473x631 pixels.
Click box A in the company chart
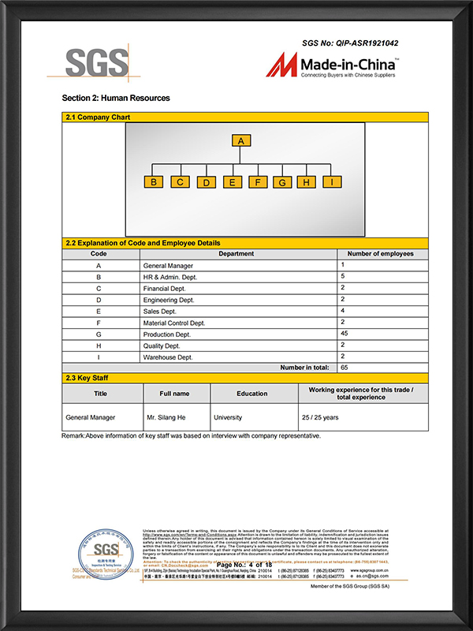(243, 141)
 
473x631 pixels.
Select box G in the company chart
(281, 182)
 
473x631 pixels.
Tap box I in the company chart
(333, 181)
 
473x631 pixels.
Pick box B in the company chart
(154, 181)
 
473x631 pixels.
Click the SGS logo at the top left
(96, 63)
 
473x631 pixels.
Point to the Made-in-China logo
(331, 65)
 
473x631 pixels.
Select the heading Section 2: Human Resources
(116, 98)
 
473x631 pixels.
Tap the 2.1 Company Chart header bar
(245, 118)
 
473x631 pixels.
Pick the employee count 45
(345, 334)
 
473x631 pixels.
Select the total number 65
(345, 368)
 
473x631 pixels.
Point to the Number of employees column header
(382, 254)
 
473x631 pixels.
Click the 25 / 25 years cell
(320, 417)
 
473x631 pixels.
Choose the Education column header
(252, 394)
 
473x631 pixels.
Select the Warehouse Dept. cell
(168, 357)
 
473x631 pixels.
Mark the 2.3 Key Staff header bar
(245, 379)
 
